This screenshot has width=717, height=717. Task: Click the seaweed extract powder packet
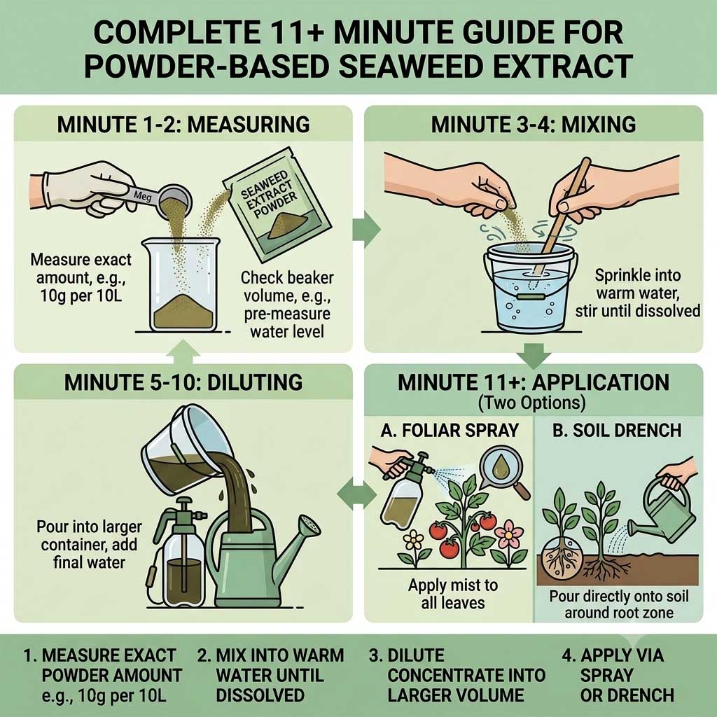(276, 204)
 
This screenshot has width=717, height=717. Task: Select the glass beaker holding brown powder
(181, 284)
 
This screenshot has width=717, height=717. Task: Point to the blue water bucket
(531, 288)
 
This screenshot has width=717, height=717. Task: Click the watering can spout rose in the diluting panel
(310, 527)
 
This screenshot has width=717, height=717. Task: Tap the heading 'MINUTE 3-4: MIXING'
(533, 125)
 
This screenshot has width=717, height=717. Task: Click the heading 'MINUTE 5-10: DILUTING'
(183, 382)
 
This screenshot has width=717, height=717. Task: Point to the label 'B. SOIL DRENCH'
(617, 431)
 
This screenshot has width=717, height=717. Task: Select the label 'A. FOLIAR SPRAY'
(450, 431)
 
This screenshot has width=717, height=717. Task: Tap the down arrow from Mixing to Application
(533, 356)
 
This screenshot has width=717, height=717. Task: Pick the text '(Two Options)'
(532, 403)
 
